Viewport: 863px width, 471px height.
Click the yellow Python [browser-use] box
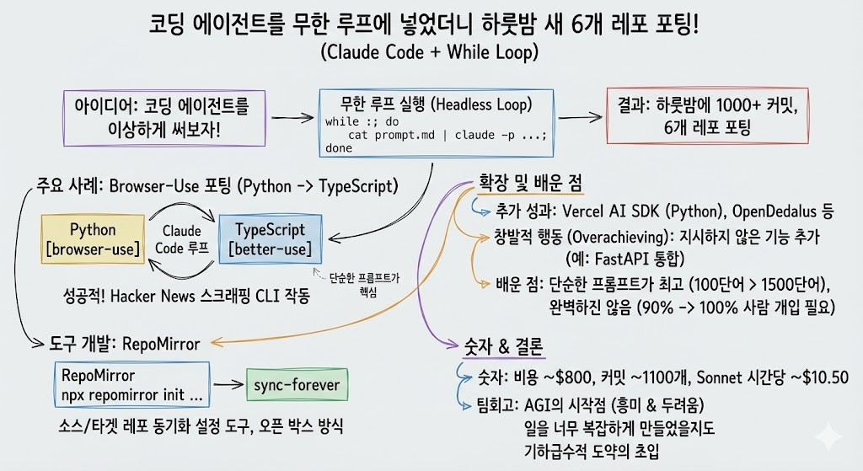(x=93, y=238)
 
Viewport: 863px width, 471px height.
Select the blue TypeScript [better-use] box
(x=271, y=238)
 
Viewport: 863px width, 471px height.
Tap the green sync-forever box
(x=297, y=384)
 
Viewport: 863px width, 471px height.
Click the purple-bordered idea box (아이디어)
(x=164, y=118)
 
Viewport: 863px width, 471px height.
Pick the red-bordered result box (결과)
(x=707, y=115)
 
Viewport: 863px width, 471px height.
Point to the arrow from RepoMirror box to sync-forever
(x=228, y=384)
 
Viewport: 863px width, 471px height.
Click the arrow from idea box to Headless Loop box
(x=292, y=118)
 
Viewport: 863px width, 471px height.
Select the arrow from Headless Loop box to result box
(x=580, y=116)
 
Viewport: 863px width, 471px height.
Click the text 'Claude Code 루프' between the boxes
(x=182, y=239)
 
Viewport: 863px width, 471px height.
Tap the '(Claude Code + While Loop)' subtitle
(x=429, y=52)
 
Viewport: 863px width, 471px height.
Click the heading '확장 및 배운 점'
(x=530, y=183)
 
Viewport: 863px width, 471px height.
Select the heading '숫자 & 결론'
(x=504, y=346)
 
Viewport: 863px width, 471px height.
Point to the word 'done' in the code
(x=339, y=148)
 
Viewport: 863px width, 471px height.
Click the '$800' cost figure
(x=573, y=377)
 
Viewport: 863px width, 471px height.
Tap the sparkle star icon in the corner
(x=829, y=437)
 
